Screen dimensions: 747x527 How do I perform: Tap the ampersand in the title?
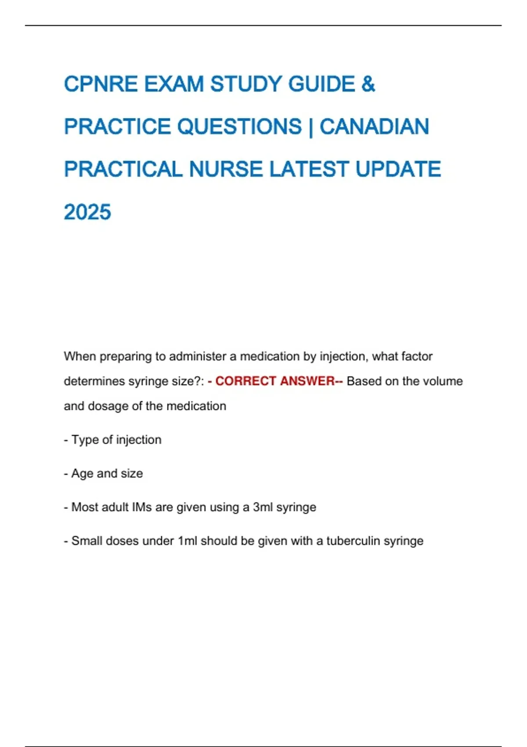click(368, 84)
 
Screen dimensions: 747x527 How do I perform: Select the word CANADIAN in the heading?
click(374, 127)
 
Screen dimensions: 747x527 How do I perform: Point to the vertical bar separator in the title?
click(311, 127)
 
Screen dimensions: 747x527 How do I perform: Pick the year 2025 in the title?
click(87, 212)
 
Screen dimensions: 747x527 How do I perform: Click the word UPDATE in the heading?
click(398, 170)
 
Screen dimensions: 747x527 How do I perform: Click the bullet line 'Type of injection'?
click(116, 440)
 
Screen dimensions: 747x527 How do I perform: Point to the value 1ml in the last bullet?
click(188, 541)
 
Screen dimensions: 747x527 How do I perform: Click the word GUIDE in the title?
click(321, 84)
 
